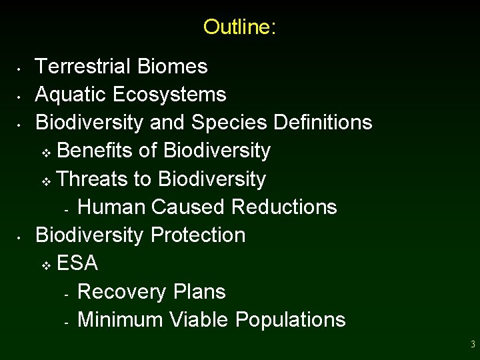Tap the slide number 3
pos(473,345)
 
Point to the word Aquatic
pos(71,95)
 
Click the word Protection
pos(198,235)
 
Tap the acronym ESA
pos(77,264)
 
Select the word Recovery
pos(122,292)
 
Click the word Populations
pos(290,320)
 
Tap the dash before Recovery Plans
pos(67,294)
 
